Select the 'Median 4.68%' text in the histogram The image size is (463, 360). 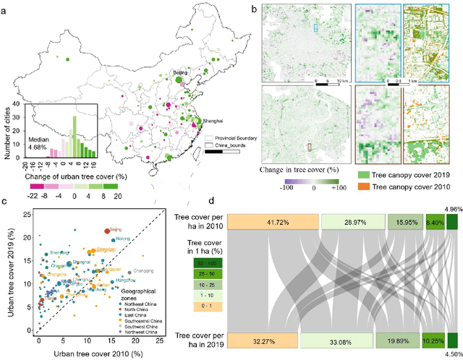(41, 144)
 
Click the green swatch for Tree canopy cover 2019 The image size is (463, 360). (363, 173)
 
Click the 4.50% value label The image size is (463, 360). (452, 354)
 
